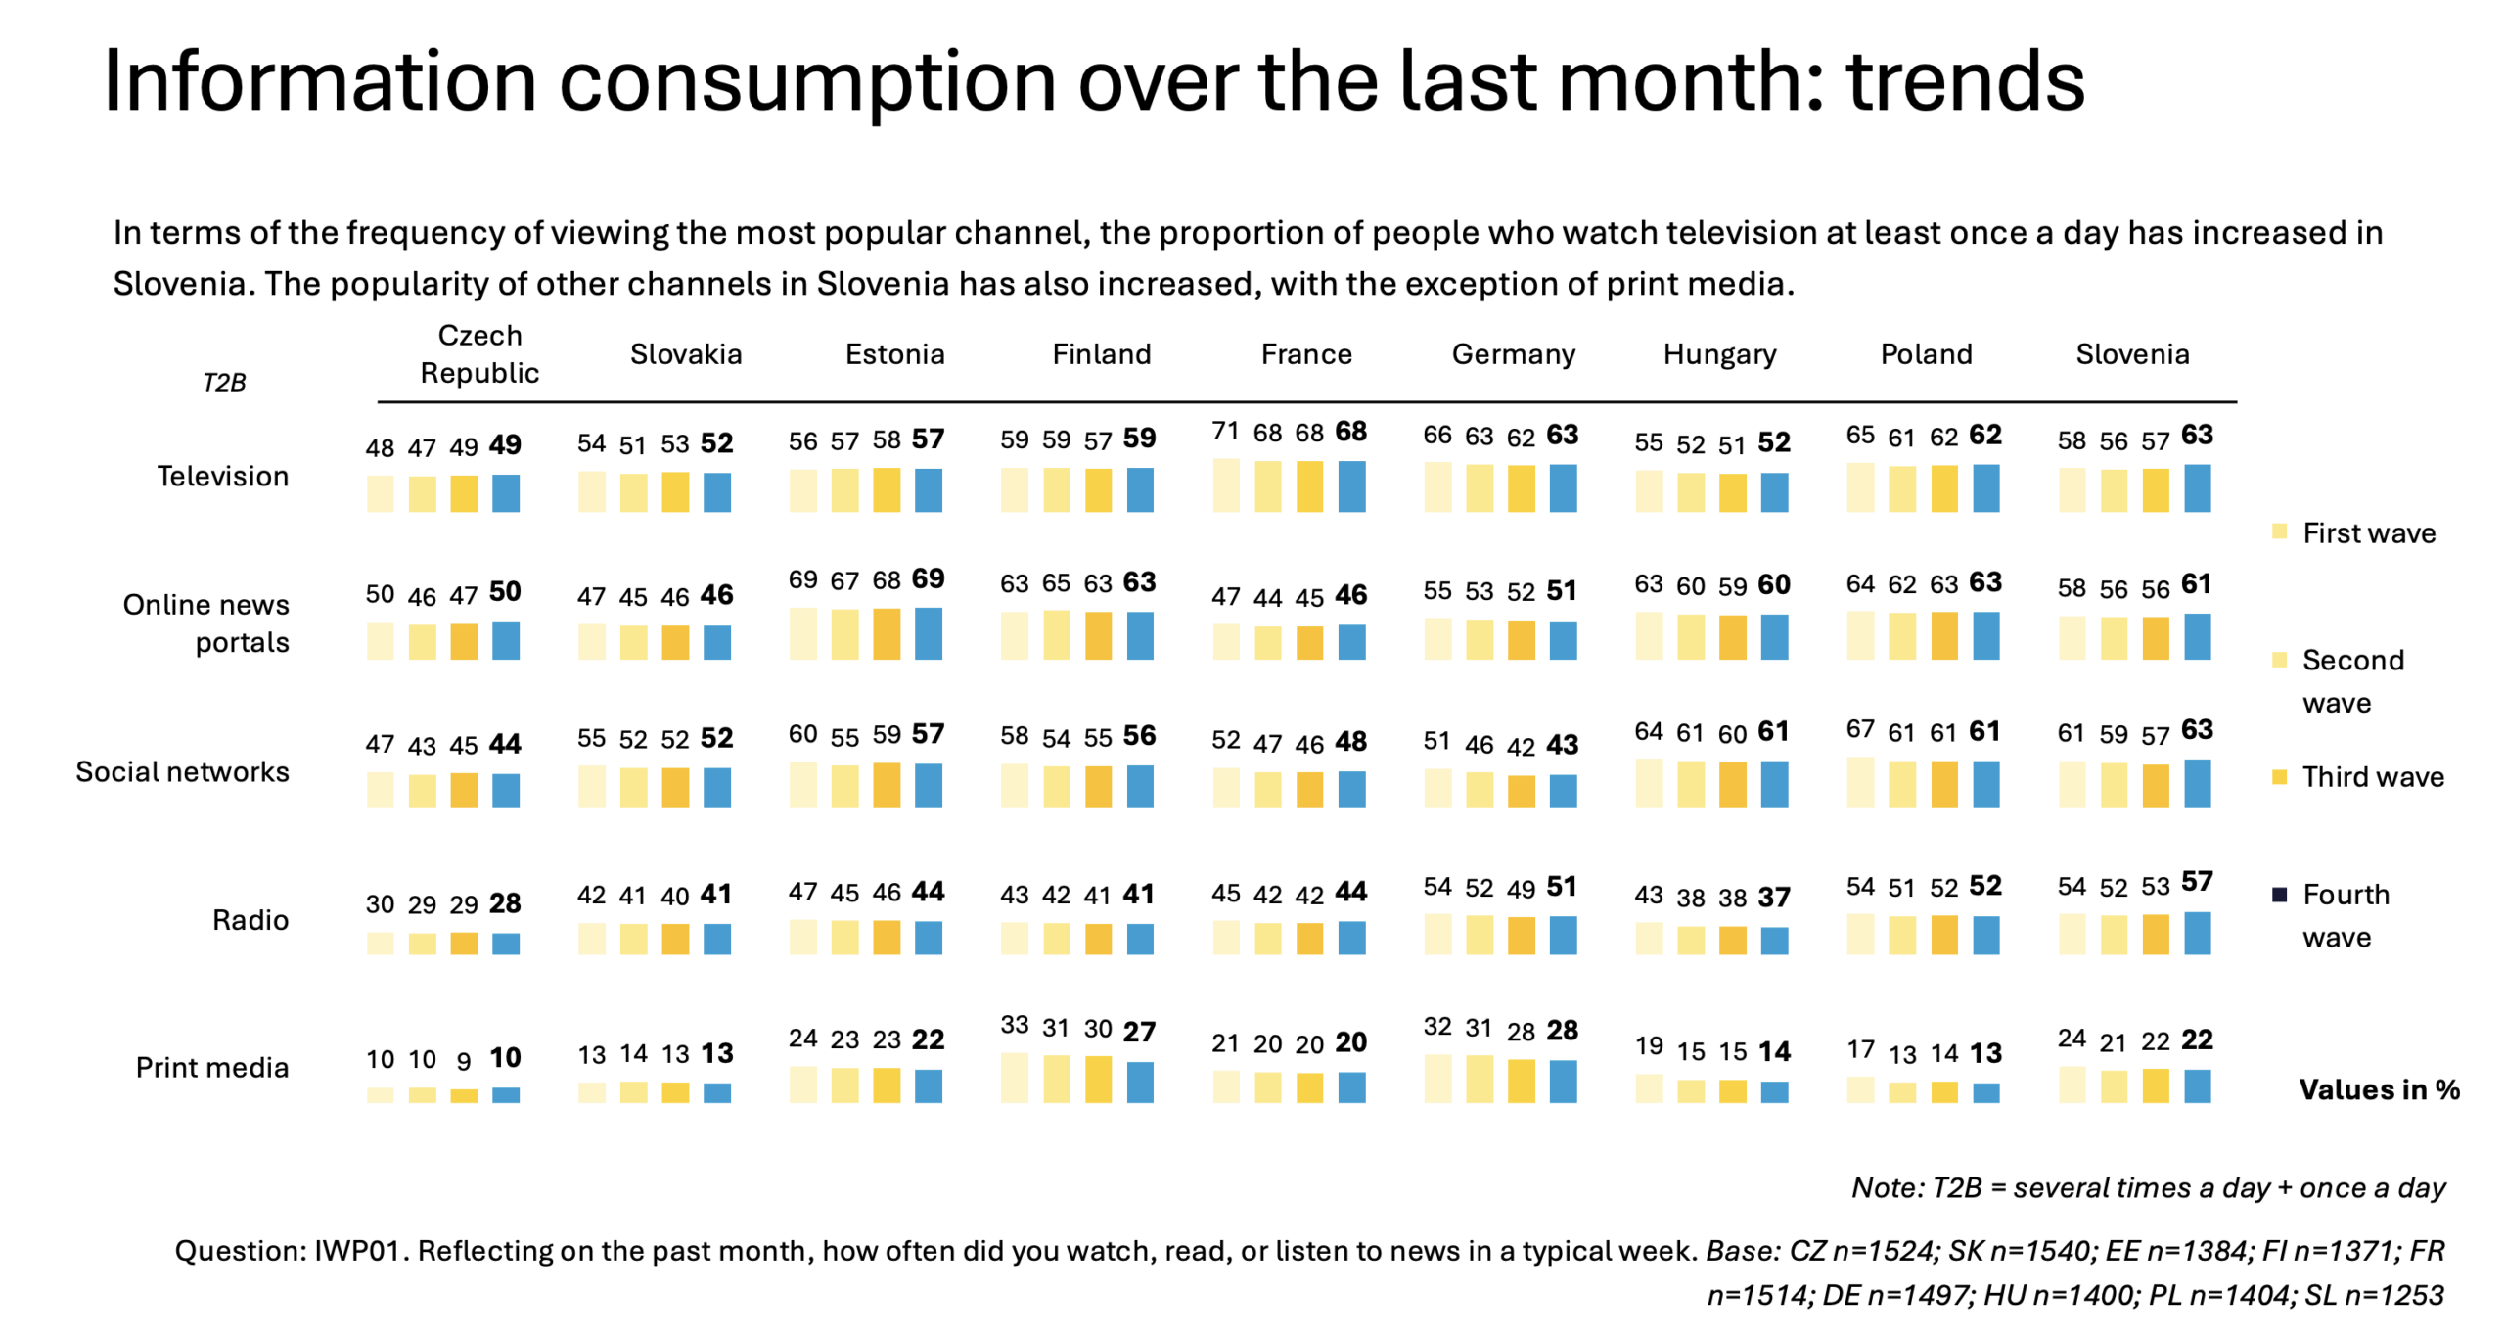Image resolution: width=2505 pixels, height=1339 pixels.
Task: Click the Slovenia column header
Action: pyautogui.click(x=2131, y=353)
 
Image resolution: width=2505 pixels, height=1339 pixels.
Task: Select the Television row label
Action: pyautogui.click(x=223, y=476)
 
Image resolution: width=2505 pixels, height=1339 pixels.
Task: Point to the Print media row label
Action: pyautogui.click(x=212, y=1067)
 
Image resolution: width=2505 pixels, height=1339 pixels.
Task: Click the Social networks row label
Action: pyautogui.click(x=183, y=771)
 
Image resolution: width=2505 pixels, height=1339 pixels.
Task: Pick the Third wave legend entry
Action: pyautogui.click(x=2372, y=776)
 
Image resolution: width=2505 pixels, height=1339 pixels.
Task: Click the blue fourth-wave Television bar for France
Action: pyautogui.click(x=1351, y=486)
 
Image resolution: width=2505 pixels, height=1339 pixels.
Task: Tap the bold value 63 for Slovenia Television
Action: pyautogui.click(x=2197, y=435)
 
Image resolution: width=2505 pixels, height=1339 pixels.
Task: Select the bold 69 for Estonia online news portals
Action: pyautogui.click(x=928, y=578)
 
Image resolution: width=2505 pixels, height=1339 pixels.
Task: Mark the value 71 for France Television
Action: pyautogui.click(x=1225, y=432)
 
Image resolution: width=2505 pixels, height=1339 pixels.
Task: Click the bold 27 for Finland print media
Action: pyautogui.click(x=1139, y=1031)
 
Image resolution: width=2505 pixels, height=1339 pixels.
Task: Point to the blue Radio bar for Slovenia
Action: pyautogui.click(x=2197, y=933)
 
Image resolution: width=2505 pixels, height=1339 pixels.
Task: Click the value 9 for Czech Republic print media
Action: pyautogui.click(x=464, y=1060)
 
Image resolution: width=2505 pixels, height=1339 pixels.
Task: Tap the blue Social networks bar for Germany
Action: pyautogui.click(x=1563, y=791)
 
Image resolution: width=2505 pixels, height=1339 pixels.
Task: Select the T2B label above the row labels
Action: pyautogui.click(x=224, y=382)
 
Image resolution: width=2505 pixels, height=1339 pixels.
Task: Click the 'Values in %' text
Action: pyautogui.click(x=2379, y=1089)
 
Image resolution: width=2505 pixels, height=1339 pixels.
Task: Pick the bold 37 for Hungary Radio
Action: pyautogui.click(x=1774, y=897)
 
